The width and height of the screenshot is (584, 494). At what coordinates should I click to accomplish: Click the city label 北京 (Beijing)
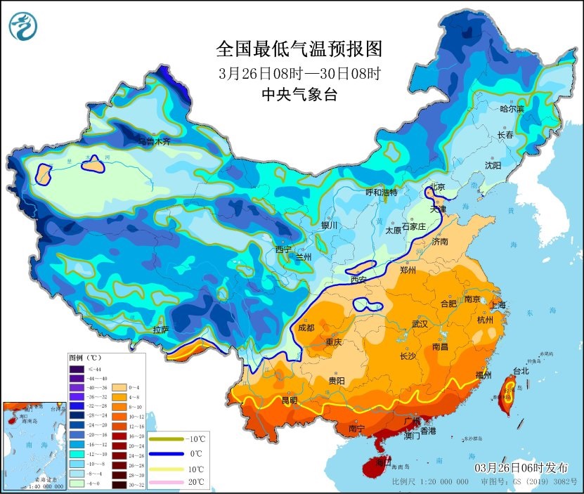437,187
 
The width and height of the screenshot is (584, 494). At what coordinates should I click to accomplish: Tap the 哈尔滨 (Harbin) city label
512,109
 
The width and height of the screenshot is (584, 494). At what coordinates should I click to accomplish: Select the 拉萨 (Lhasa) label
160,329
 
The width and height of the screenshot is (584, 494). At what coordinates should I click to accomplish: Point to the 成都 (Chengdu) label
306,327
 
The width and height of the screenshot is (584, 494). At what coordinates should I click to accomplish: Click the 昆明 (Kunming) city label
289,401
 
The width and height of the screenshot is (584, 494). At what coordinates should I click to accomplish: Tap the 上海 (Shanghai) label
496,305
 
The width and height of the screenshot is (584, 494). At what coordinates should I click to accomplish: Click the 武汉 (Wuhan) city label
421,324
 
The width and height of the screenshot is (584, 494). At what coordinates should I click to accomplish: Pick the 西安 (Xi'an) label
358,280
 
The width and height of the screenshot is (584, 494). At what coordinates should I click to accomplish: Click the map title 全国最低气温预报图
299,48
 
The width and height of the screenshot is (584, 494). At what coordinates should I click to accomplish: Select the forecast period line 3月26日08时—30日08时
299,72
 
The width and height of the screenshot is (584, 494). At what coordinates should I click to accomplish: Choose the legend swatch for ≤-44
77,369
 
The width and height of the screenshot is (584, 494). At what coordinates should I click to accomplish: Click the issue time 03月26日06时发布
520,467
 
